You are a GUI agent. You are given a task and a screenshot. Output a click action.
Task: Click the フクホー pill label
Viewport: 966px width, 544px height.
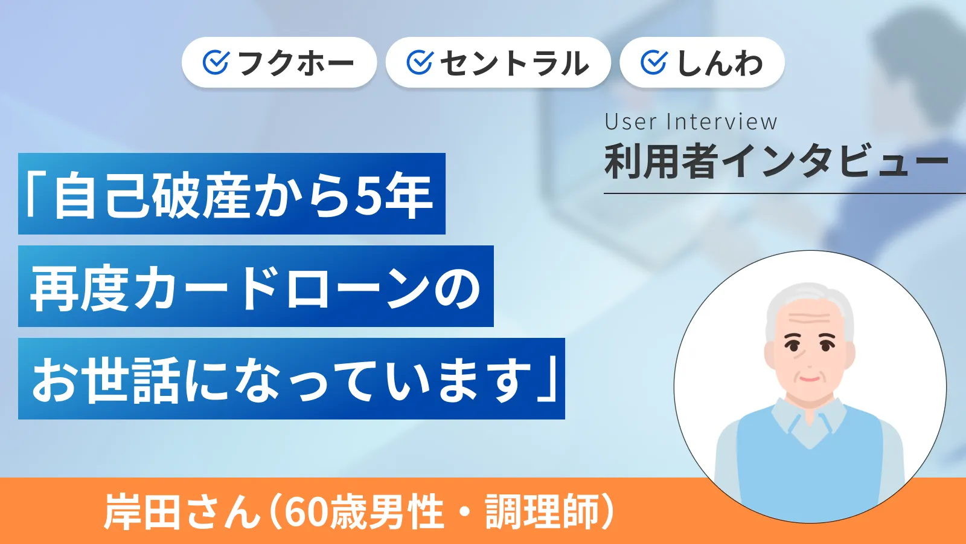296,63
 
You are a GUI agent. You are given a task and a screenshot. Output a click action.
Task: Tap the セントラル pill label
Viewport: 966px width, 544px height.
514,63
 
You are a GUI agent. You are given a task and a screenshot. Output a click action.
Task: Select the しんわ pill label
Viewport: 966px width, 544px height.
720,63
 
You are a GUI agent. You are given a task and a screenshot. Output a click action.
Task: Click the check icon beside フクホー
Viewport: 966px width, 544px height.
216,62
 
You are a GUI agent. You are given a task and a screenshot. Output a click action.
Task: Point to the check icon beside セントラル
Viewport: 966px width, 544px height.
420,62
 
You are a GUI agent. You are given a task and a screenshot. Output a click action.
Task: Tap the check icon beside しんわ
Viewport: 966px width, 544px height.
653,62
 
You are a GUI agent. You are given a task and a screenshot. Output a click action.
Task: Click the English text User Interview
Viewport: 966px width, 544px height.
691,121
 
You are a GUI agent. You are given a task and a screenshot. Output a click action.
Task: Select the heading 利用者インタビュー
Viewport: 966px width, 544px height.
776,162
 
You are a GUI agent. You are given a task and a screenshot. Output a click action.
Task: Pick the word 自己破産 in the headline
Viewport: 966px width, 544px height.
151,195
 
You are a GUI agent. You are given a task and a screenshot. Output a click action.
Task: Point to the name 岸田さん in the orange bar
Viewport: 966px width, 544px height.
181,512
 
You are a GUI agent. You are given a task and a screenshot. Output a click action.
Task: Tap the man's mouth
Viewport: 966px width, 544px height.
809,379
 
